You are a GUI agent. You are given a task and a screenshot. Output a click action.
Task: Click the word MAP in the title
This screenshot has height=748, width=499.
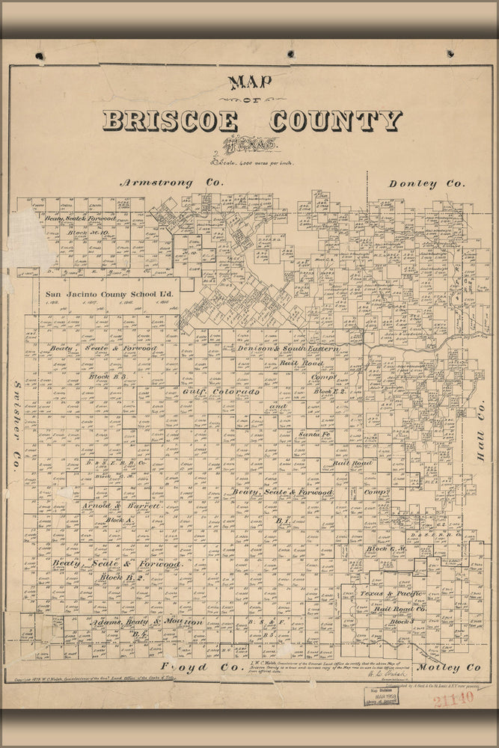(250, 82)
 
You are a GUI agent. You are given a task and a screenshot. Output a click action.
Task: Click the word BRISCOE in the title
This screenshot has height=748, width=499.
(170, 120)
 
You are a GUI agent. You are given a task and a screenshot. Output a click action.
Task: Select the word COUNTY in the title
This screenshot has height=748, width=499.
(337, 120)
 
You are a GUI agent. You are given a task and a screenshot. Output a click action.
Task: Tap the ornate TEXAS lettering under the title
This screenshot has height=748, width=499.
(250, 144)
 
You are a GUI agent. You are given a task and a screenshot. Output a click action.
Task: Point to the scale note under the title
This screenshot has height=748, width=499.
(253, 162)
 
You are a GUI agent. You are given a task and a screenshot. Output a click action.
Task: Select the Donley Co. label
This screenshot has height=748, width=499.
(426, 183)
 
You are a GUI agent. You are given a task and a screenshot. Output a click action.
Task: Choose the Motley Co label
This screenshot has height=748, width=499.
(449, 666)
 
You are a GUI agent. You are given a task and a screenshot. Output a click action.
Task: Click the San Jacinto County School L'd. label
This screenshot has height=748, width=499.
(109, 295)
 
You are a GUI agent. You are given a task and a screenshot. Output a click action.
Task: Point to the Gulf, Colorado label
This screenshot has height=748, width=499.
(221, 392)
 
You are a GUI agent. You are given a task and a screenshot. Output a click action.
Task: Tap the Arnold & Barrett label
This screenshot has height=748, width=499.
(121, 506)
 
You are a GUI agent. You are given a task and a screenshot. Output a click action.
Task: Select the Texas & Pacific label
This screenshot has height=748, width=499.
(392, 594)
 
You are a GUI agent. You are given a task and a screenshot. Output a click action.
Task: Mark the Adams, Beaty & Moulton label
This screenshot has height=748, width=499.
(148, 622)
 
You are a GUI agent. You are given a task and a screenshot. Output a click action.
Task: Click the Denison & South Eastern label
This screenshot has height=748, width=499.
(289, 349)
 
